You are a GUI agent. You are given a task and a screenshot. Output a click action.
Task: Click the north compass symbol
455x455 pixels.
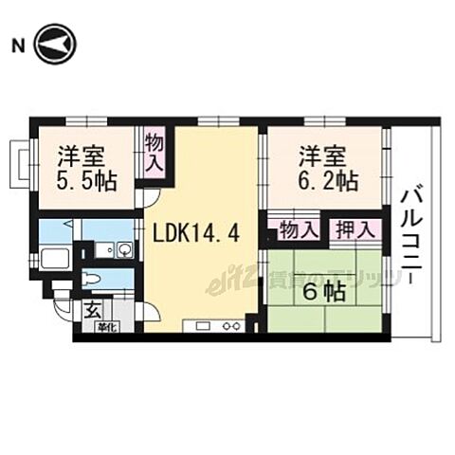pyautogui.click(x=56, y=45)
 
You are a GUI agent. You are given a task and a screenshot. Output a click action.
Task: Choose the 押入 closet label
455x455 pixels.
pyautogui.click(x=356, y=230)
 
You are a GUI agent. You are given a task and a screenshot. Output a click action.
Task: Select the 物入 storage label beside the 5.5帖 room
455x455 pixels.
pyautogui.click(x=154, y=152)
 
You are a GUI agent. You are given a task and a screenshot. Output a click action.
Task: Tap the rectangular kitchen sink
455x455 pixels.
pyautogui.click(x=202, y=327)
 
